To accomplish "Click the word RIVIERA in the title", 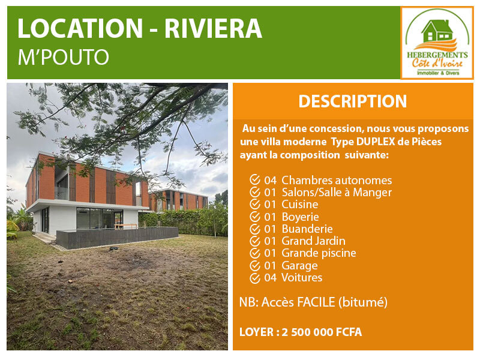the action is pos(214,28).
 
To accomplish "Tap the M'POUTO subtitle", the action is pos(64,57).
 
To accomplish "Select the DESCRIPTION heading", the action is pos(353,101).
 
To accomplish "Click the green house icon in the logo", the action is pos(437,31).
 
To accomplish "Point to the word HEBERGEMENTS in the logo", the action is pos(437,55).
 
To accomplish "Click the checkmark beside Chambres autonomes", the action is pos(254,179).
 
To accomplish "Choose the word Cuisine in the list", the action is pos(299,204).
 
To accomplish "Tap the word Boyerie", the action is pos(300,217).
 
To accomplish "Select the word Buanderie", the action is pos(307,229).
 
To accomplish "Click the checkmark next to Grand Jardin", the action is pos(254,241).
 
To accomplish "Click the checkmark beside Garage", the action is pos(254,265).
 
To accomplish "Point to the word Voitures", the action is pos(302,277).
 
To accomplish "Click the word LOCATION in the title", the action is pos(80,28).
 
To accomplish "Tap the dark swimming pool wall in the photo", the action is pos(118,237).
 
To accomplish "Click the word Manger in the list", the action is pos(372,193).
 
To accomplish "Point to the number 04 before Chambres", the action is pos(271,181).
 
